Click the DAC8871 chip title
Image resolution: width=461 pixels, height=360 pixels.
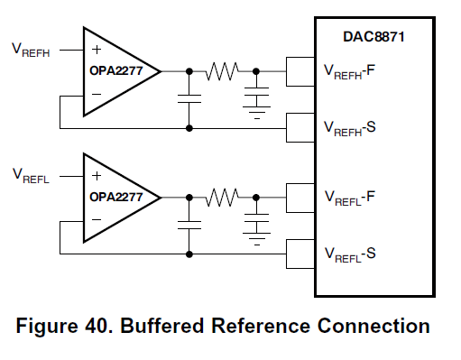pyautogui.click(x=373, y=37)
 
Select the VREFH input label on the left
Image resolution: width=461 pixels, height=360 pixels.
pyautogui.click(x=31, y=51)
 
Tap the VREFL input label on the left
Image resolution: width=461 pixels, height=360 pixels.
pyautogui.click(x=31, y=176)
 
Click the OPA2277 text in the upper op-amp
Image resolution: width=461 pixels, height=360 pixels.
pyautogui.click(x=115, y=70)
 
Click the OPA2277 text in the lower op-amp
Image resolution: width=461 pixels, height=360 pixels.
pyautogui.click(x=115, y=197)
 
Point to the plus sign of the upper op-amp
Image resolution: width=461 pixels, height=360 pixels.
pyautogui.click(x=97, y=50)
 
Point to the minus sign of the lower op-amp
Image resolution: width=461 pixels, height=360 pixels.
pyautogui.click(x=97, y=219)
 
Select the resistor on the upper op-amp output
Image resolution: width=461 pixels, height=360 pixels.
pyautogui.click(x=222, y=71)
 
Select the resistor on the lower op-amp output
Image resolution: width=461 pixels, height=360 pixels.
pyautogui.click(x=222, y=198)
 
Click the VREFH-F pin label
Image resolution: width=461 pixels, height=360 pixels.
pyautogui.click(x=349, y=72)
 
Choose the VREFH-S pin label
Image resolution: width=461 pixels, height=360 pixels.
pyautogui.click(x=350, y=128)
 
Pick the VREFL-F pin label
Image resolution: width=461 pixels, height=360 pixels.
pyautogui.click(x=350, y=198)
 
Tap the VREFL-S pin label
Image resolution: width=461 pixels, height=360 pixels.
pyautogui.click(x=350, y=254)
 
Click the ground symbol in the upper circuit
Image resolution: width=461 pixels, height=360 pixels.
pyautogui.click(x=257, y=113)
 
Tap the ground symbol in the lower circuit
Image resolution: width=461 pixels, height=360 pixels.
pyautogui.click(x=257, y=239)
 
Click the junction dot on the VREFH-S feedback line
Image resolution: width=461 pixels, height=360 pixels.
pyautogui.click(x=189, y=128)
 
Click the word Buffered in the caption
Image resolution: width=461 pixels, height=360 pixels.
pyautogui.click(x=161, y=326)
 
